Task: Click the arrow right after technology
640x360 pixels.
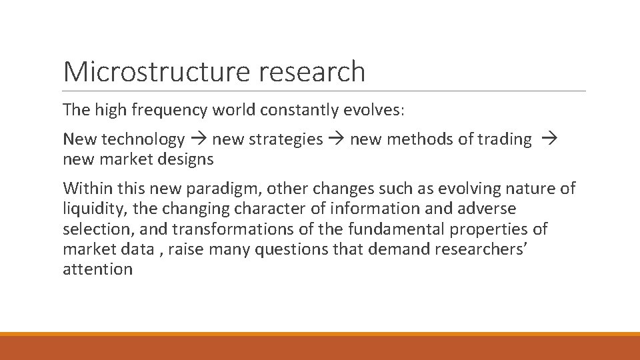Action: point(199,139)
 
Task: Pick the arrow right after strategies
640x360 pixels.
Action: point(337,139)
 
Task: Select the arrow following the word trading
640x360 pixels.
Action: point(549,139)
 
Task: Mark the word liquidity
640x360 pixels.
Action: point(95,209)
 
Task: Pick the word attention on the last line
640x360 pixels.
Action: point(97,269)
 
